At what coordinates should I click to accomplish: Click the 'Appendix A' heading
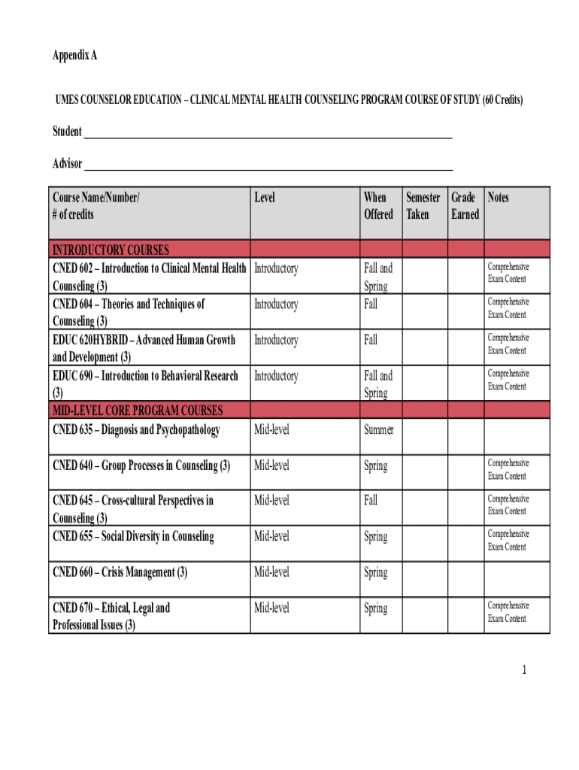[74, 56]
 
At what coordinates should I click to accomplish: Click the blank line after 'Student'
[267, 137]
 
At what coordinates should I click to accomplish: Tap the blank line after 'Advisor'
[267, 169]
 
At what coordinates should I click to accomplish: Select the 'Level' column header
[265, 198]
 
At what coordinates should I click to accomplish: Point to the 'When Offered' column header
[378, 206]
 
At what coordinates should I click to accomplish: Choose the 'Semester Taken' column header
[423, 206]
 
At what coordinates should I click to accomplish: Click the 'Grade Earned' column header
[464, 206]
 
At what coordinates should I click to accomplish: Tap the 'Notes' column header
[498, 198]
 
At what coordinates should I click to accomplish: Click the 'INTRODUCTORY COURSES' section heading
[111, 250]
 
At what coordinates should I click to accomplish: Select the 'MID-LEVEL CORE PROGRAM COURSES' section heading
[138, 411]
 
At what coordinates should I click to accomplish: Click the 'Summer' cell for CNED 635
[378, 431]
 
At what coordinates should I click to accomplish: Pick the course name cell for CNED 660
[120, 573]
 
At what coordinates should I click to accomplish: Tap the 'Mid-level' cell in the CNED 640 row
[271, 466]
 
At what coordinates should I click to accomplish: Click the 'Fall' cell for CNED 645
[371, 500]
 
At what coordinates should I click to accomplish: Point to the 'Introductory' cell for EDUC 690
[276, 376]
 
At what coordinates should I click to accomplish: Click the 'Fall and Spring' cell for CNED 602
[378, 277]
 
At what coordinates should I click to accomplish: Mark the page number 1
[531, 668]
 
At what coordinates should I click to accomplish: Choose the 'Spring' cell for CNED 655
[376, 537]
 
